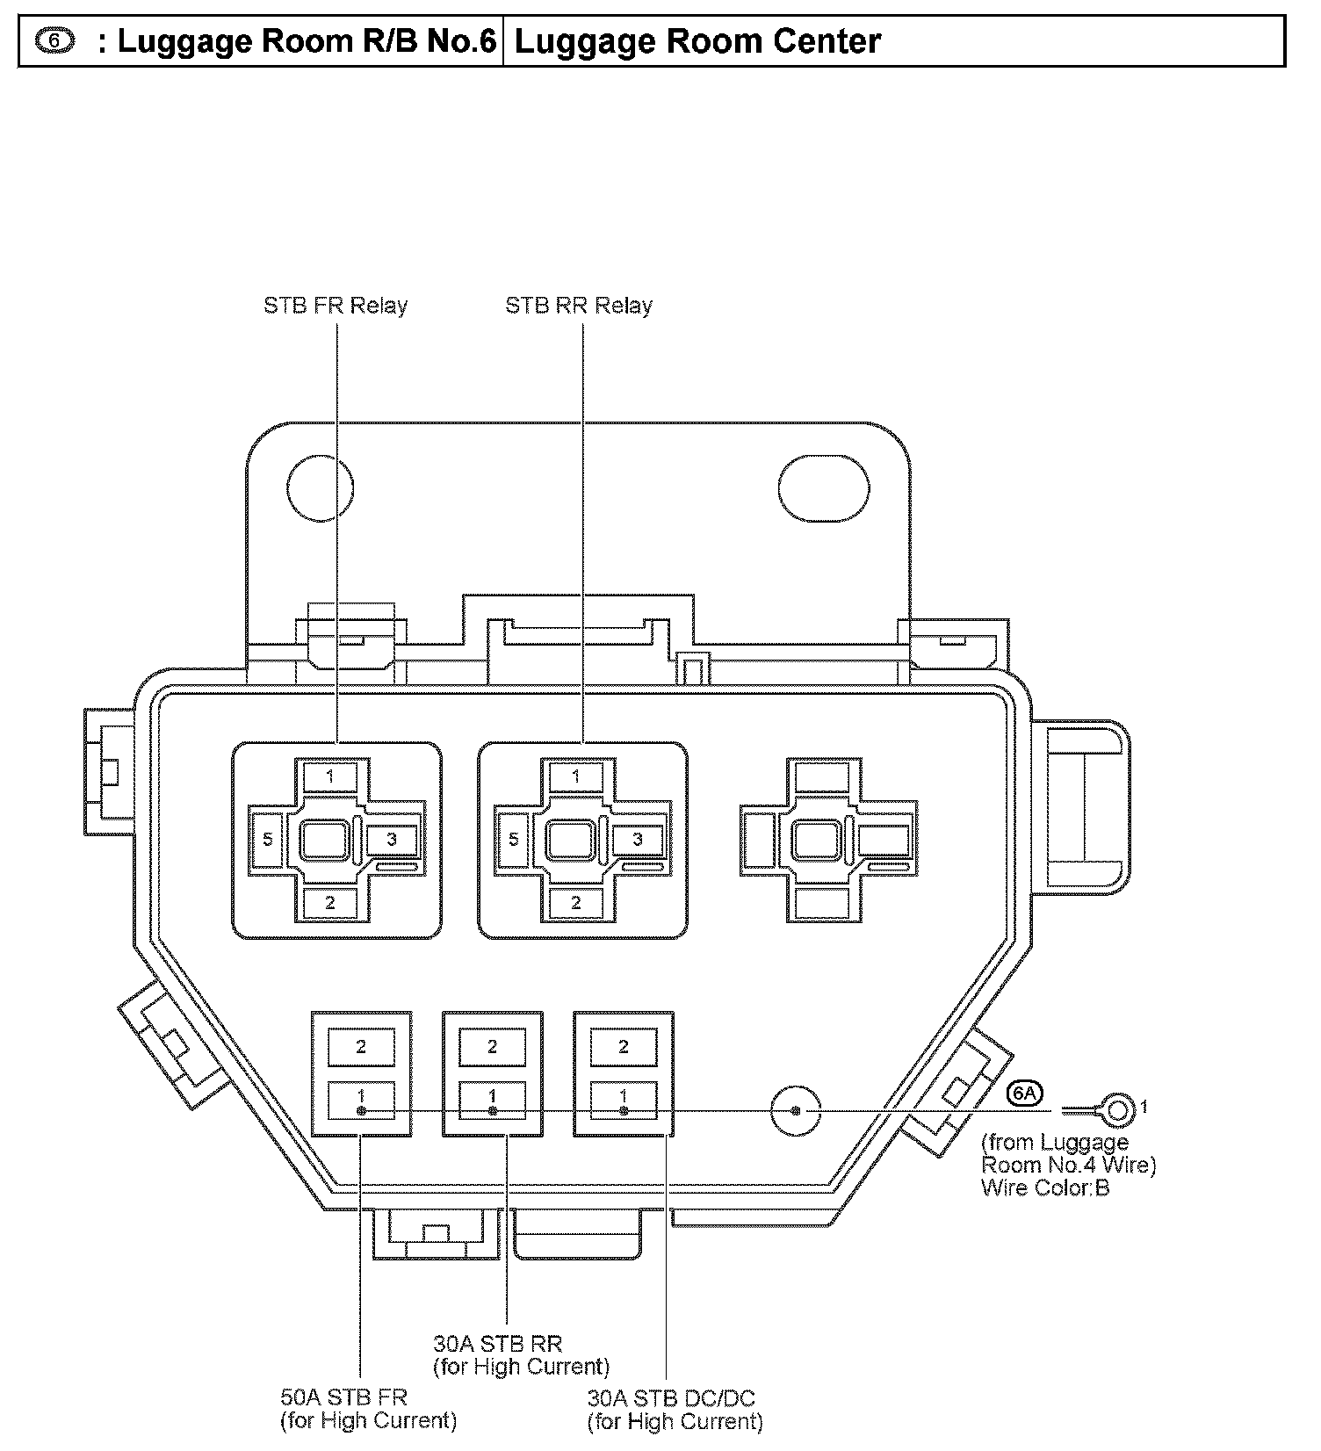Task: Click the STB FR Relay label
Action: (x=336, y=306)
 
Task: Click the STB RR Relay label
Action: (x=579, y=306)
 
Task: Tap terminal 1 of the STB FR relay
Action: (x=330, y=776)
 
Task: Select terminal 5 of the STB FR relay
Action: (x=268, y=840)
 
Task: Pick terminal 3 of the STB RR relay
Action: (x=638, y=840)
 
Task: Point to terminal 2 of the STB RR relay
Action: (x=576, y=903)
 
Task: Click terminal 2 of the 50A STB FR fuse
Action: (x=361, y=1046)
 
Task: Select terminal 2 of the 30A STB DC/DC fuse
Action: (x=624, y=1046)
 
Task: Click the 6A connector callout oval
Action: (x=1025, y=1093)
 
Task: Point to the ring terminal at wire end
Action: (x=1118, y=1110)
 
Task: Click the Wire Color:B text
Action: (x=1045, y=1188)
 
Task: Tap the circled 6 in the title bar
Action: (x=55, y=41)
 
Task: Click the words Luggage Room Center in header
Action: (x=697, y=41)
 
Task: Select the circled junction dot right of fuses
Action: (x=796, y=1111)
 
